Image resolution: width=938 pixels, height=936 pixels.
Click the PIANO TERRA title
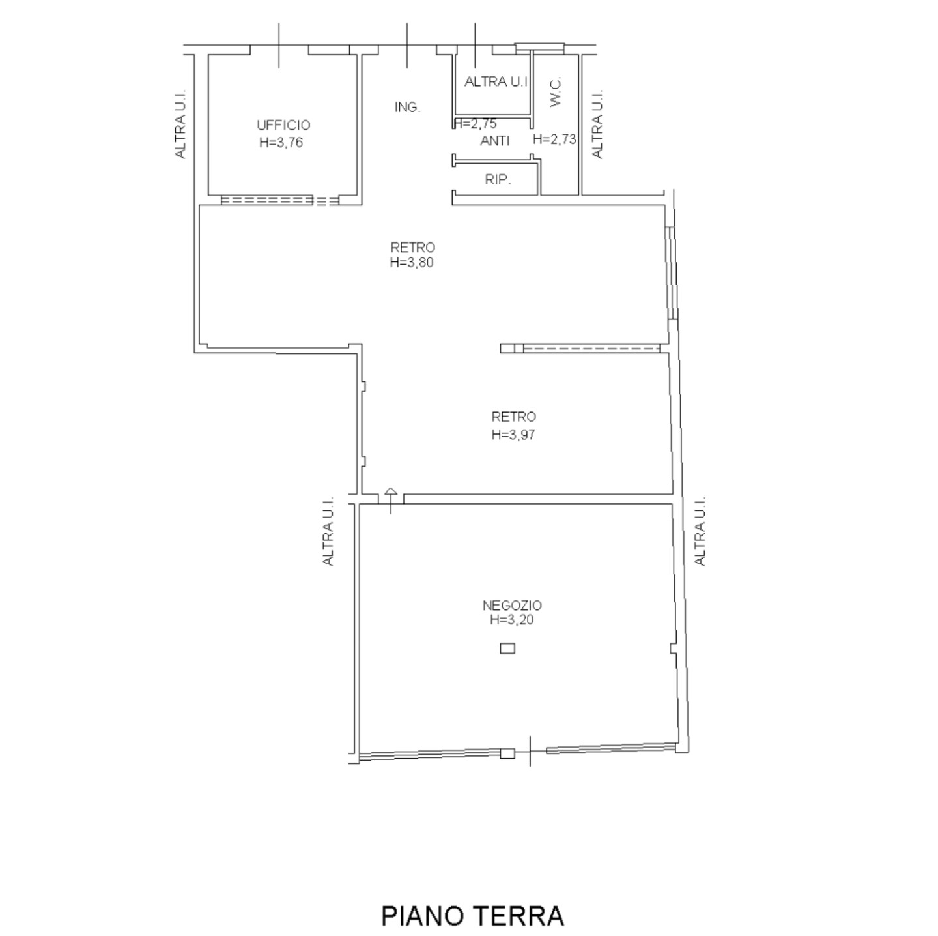click(472, 916)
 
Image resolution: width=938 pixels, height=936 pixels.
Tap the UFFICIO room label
click(283, 125)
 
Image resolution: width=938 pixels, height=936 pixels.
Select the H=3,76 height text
click(281, 143)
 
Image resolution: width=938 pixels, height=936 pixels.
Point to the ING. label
click(407, 107)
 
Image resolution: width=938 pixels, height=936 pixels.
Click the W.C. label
click(556, 91)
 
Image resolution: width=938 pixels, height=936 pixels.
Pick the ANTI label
click(494, 141)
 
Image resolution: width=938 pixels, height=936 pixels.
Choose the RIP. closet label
click(498, 180)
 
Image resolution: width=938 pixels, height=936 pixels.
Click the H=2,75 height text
click(475, 124)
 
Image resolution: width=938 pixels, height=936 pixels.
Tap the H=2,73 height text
click(554, 139)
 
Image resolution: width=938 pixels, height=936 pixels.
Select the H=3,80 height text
click(412, 263)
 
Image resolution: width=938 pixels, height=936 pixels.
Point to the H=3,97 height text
click(513, 435)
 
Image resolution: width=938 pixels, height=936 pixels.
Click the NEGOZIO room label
click(512, 605)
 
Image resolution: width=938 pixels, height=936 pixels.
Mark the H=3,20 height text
click(512, 620)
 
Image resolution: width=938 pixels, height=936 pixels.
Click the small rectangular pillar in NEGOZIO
click(507, 649)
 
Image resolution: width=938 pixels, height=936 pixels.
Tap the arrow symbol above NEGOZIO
click(390, 501)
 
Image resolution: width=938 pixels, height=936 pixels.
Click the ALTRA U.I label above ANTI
click(496, 82)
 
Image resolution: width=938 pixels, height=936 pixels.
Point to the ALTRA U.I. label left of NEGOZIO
click(328, 531)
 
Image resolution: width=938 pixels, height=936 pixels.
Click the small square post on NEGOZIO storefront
click(507, 753)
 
